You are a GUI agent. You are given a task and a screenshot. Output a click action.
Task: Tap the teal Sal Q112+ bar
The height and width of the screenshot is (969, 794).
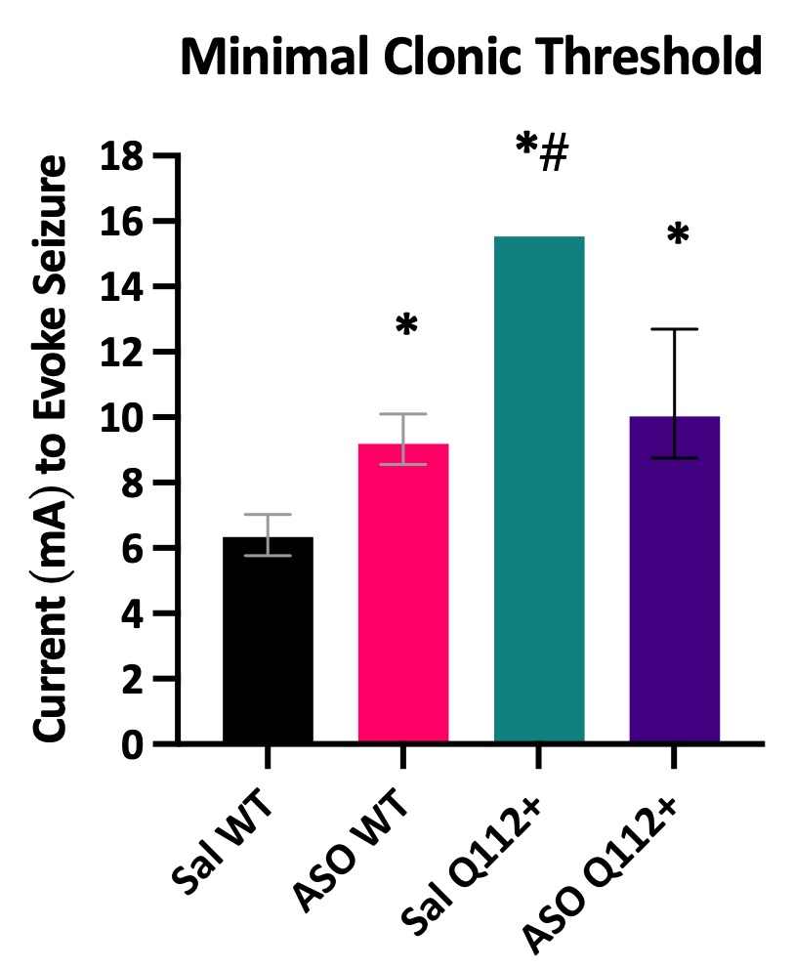click(539, 488)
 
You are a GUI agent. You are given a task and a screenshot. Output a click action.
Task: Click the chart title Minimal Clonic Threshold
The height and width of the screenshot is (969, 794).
click(471, 59)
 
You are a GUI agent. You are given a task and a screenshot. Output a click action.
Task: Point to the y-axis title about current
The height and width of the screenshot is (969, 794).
click(53, 449)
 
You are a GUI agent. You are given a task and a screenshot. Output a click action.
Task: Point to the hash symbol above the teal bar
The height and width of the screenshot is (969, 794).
click(554, 154)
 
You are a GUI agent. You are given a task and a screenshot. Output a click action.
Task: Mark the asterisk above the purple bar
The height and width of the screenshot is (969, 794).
click(677, 235)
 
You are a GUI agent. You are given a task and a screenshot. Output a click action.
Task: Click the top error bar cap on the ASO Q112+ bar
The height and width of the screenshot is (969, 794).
click(674, 329)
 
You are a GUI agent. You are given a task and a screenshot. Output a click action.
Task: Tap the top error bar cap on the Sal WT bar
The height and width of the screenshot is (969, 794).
click(268, 514)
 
